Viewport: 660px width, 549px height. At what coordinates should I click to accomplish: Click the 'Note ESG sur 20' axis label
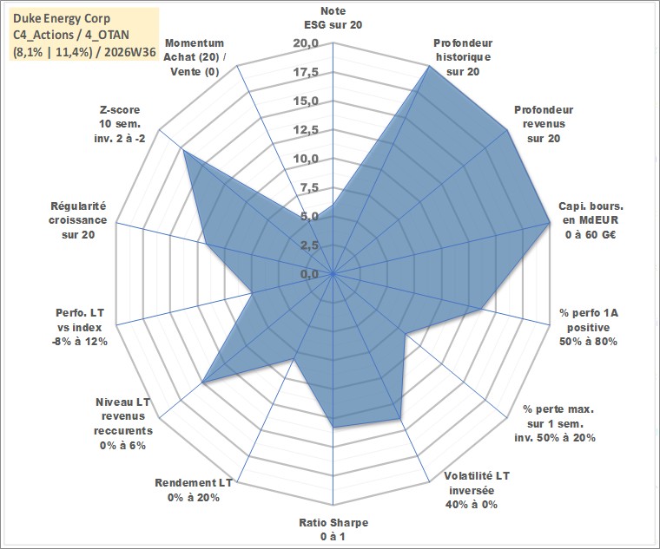click(x=333, y=17)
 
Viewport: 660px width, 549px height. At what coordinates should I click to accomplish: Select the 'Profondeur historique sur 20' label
click(x=463, y=57)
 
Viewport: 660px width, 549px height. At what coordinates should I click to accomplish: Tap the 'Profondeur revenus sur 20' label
click(x=544, y=124)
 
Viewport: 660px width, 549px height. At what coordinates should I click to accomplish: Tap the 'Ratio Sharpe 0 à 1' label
click(x=333, y=529)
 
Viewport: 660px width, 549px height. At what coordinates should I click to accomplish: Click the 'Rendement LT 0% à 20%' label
click(x=193, y=490)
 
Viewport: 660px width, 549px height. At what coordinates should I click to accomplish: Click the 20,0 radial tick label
click(x=307, y=43)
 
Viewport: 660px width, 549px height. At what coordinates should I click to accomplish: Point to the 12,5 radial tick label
click(x=307, y=130)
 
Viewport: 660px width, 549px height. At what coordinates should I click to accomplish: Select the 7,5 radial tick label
click(x=310, y=188)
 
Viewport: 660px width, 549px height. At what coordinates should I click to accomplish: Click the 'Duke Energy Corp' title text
click(x=62, y=18)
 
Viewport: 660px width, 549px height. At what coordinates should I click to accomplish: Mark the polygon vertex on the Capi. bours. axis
click(x=549, y=222)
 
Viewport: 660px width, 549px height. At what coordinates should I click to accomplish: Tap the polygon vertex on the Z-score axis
click(x=183, y=151)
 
